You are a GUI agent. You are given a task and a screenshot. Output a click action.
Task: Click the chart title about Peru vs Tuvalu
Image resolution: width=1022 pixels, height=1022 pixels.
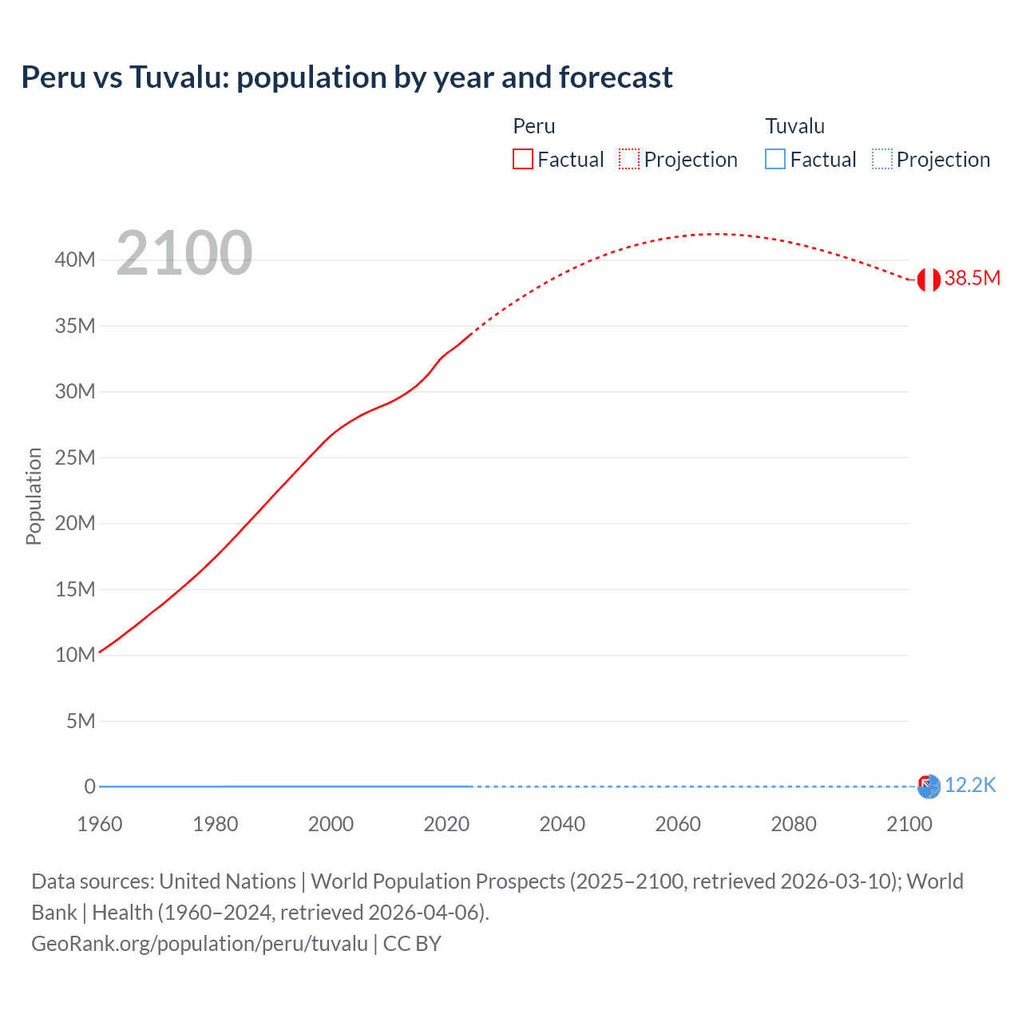[x=347, y=77]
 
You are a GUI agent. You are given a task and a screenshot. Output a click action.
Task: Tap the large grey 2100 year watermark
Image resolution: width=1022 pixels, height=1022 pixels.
[x=184, y=253]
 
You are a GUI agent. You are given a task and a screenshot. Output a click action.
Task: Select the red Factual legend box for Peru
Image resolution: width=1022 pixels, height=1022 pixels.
[x=522, y=159]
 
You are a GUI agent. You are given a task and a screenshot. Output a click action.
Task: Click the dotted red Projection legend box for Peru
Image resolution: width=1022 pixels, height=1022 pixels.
[x=629, y=159]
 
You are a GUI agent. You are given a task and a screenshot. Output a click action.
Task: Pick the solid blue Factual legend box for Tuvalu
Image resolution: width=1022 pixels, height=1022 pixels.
[x=774, y=159]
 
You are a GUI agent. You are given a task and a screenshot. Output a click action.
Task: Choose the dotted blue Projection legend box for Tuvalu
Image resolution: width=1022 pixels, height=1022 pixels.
[x=881, y=159]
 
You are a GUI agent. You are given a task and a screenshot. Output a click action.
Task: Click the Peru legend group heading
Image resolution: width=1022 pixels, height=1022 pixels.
[x=533, y=126]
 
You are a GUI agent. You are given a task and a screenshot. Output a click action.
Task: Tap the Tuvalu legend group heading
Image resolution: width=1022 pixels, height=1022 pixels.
[x=794, y=126]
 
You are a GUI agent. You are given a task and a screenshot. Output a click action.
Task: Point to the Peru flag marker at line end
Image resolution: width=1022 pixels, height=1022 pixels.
[x=929, y=279]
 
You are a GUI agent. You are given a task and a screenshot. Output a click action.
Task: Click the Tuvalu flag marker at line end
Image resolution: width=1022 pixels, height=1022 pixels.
[x=929, y=786]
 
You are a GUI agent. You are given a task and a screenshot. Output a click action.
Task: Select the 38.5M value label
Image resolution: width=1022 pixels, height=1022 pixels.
[x=972, y=278]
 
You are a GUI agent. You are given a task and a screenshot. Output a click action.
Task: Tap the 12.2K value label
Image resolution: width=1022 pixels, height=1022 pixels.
[x=970, y=785]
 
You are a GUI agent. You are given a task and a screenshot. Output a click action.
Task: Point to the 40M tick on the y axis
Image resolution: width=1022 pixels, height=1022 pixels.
[x=75, y=259]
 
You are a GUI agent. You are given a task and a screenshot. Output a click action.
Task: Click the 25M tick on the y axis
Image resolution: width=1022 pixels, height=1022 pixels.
[x=75, y=458]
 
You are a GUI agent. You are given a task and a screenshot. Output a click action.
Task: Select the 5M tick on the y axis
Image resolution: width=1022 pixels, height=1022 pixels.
[x=81, y=721]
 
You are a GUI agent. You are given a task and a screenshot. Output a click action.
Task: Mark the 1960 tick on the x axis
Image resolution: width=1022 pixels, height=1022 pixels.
[x=100, y=824]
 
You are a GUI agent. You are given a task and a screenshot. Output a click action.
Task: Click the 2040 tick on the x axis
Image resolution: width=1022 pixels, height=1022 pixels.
[x=562, y=824]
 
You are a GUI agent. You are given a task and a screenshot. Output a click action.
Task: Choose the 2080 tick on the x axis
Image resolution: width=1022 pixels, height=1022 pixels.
[x=794, y=824]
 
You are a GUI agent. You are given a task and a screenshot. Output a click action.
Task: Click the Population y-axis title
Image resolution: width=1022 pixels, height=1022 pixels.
[x=34, y=496]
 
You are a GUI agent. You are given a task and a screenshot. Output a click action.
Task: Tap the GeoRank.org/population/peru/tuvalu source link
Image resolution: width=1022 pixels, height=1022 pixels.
[x=200, y=944]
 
